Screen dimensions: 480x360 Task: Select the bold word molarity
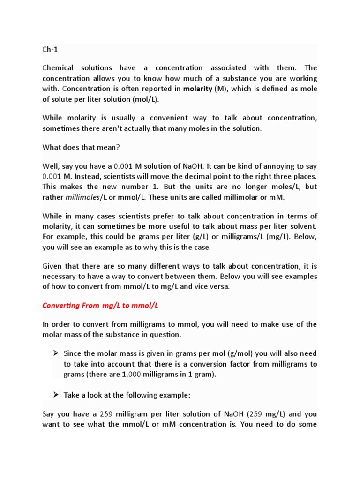(198, 89)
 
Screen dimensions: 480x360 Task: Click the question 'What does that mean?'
(82, 147)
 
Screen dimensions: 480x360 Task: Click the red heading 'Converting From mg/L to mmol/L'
(100, 306)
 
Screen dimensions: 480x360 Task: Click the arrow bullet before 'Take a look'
(56, 395)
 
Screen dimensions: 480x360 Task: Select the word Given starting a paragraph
(52, 266)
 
